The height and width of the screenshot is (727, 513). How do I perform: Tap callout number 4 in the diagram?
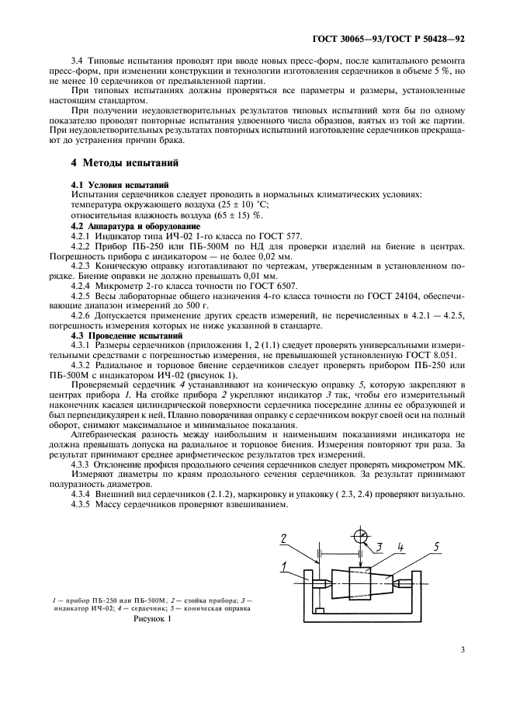coord(400,547)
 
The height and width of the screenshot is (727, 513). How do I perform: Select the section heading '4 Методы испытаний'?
coord(124,164)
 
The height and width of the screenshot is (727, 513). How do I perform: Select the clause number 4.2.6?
coord(84,317)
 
